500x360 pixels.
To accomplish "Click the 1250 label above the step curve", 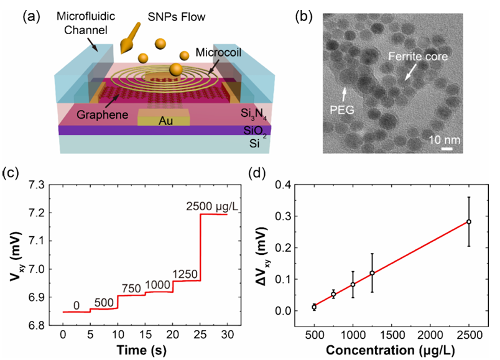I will [x=184, y=274].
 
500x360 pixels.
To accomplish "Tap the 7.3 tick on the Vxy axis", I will [x=42, y=185].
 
